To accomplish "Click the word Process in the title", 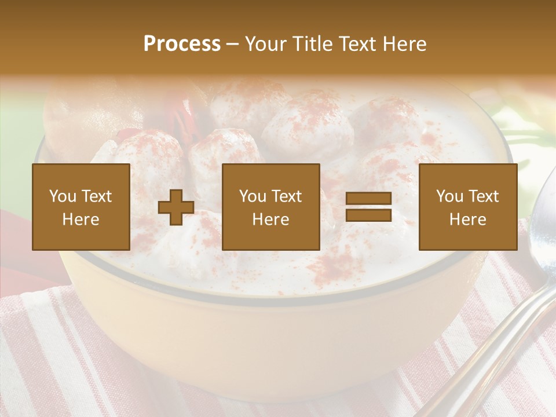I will (182, 44).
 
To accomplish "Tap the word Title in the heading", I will (313, 44).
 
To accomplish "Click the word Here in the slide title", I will (404, 44).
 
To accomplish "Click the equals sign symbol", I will (368, 207).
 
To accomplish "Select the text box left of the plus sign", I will (81, 207).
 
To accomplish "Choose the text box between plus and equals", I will (270, 207).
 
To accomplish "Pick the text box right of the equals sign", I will (467, 207).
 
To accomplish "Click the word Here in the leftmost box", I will (81, 220).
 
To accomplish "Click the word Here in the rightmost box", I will (467, 220).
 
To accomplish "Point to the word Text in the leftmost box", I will (96, 196).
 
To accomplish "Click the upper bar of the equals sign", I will (368, 199).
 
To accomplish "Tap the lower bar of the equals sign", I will (368, 215).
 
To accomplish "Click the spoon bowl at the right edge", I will (544, 232).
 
